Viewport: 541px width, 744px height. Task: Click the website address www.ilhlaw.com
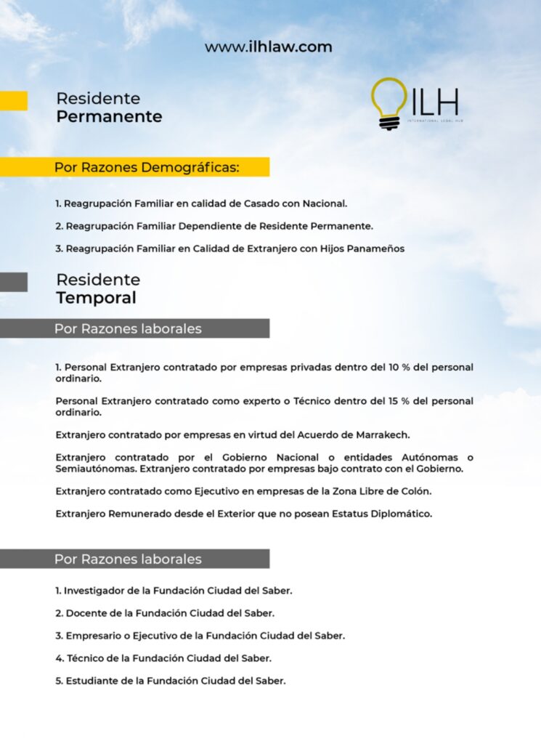[x=268, y=47]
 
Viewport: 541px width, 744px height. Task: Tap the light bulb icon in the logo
[x=389, y=102]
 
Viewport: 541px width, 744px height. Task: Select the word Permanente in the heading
[x=109, y=117]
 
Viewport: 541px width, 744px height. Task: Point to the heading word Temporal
[x=96, y=298]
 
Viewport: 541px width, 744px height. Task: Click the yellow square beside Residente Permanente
[x=13, y=100]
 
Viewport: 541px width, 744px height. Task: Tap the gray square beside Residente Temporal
[x=13, y=282]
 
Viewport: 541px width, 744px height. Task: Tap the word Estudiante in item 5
[x=93, y=682]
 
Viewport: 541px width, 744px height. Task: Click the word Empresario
[x=93, y=636]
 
